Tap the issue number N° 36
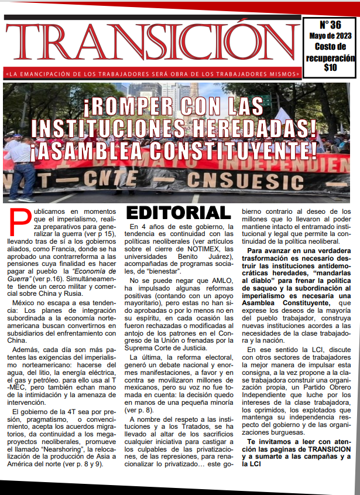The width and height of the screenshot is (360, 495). point(330,25)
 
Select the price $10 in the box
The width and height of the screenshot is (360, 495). point(330,67)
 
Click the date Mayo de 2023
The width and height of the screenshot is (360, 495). point(330,36)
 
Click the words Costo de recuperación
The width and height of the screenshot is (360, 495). point(330,53)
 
